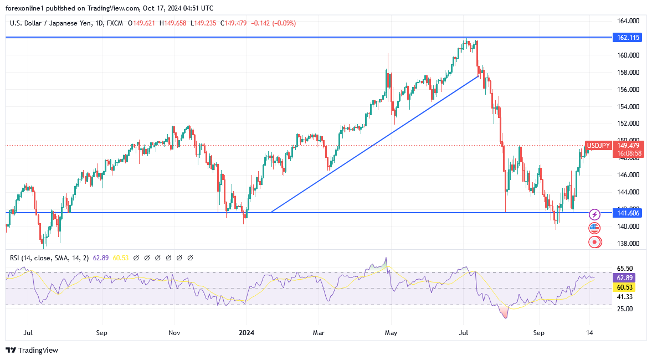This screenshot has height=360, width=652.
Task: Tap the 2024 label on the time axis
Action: click(x=247, y=333)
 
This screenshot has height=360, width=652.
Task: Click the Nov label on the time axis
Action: click(x=174, y=333)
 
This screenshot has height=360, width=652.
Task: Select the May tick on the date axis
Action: click(x=391, y=333)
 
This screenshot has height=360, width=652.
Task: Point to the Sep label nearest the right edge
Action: click(x=539, y=333)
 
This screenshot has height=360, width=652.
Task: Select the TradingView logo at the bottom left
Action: click(x=32, y=350)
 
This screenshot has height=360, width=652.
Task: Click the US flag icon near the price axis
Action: click(x=594, y=228)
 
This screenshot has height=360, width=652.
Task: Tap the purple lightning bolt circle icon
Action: click(x=594, y=214)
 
